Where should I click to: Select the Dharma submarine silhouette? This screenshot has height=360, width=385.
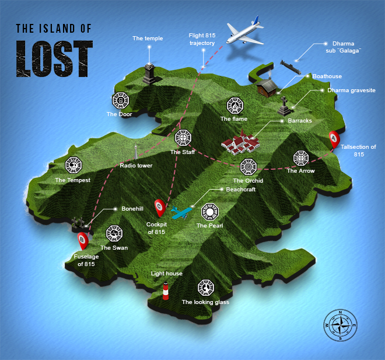pos(288,64)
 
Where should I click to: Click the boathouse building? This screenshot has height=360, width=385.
pos(268,88)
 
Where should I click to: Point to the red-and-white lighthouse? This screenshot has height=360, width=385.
pos(166,291)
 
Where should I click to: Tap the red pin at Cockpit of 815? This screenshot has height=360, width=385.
pos(159,207)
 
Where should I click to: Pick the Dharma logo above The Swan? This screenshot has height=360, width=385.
pos(114,233)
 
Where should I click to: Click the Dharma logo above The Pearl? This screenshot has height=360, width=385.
pos(209,212)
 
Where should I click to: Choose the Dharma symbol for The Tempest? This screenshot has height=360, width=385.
pos(73,166)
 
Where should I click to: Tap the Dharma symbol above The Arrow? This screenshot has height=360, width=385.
pos(300,158)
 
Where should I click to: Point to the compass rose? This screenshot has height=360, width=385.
pos(339,325)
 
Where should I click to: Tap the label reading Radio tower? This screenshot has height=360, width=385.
pos(136,166)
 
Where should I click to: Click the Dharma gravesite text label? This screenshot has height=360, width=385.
pos(351,90)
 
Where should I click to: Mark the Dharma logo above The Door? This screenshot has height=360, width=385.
pos(121,101)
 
